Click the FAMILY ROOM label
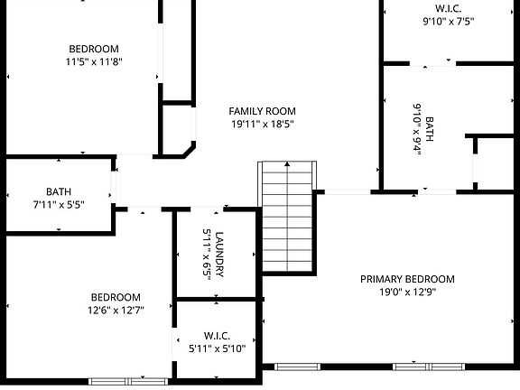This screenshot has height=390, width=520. tap(262, 110)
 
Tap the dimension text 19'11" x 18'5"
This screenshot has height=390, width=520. tap(262, 124)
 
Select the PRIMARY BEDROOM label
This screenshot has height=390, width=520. tap(407, 279)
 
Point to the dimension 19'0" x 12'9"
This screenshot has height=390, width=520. tap(407, 292)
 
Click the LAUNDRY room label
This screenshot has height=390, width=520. tap(219, 255)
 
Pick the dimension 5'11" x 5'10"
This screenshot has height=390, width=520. tap(217, 348)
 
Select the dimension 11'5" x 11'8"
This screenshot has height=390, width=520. tap(94, 62)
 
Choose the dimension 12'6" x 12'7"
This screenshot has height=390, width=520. tap(116, 311)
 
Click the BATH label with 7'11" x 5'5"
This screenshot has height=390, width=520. tap(59, 191)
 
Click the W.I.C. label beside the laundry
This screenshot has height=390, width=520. tap(217, 334)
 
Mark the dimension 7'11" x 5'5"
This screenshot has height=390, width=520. tap(59, 205)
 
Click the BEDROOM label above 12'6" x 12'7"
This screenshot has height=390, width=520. tap(116, 297)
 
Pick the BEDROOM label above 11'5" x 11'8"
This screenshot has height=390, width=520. tap(94, 49)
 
